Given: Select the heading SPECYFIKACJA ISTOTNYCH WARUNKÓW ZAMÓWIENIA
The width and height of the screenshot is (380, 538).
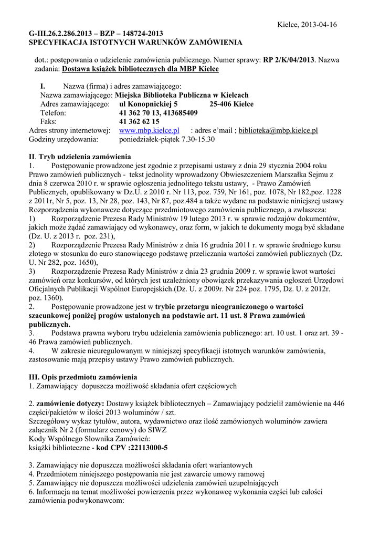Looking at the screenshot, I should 135,42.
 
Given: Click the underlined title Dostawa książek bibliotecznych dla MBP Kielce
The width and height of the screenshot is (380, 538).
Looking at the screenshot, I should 140,69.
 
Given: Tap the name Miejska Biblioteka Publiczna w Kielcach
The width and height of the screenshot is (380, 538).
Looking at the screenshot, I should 182,95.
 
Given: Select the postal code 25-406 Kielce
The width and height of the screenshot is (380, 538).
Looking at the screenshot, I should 231,104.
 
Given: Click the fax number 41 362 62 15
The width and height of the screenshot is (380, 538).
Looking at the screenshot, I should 139,121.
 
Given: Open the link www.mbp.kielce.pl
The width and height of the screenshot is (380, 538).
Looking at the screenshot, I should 150,130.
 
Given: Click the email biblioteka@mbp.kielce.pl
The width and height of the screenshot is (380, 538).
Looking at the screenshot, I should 278,130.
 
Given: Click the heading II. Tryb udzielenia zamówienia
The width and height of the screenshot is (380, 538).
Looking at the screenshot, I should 79,157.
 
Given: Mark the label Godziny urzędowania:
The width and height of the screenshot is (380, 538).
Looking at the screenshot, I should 64,139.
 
